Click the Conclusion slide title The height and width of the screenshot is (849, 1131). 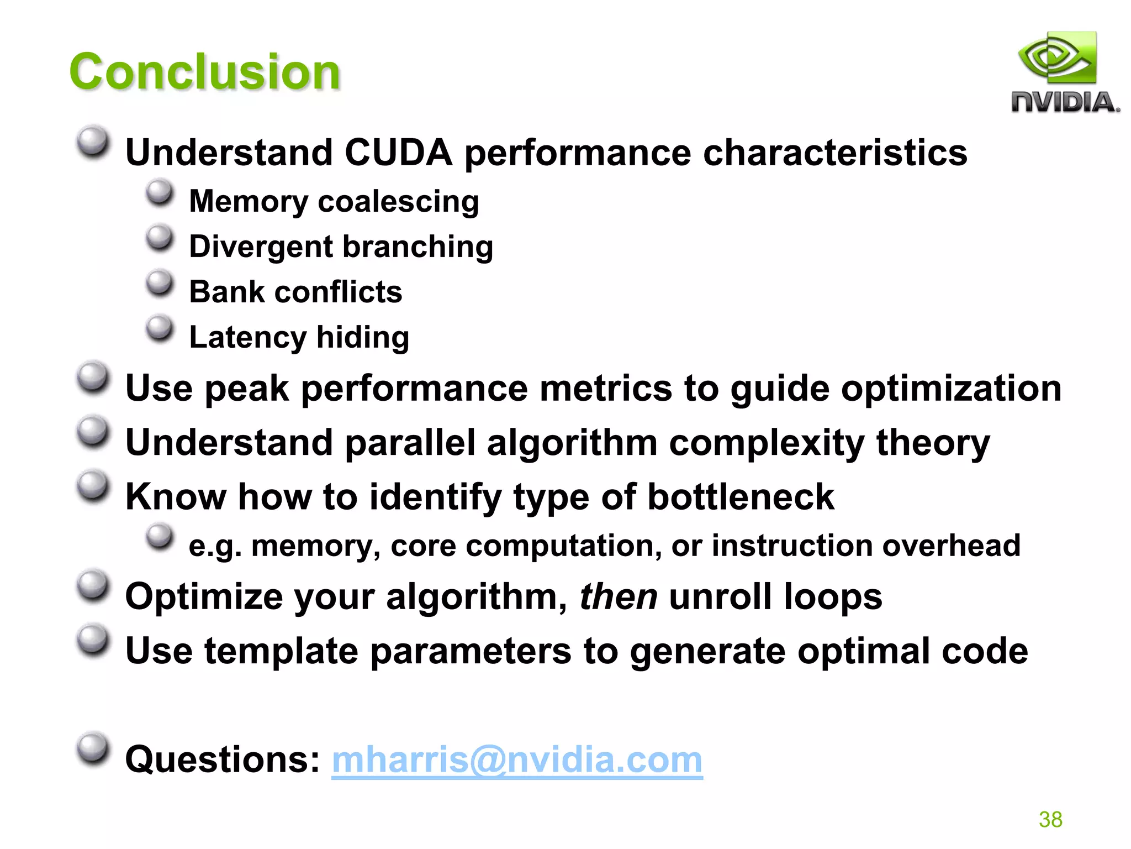[204, 72]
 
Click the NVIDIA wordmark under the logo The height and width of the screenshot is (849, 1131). [1065, 103]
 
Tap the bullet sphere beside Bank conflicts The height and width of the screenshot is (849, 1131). [160, 283]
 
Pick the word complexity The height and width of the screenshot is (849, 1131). [767, 443]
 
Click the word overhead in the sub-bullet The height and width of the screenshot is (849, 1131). [951, 546]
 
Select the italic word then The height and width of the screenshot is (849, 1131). [618, 597]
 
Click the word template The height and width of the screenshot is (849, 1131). [281, 652]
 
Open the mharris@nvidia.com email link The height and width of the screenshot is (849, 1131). [517, 760]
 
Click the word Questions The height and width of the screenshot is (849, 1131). [222, 760]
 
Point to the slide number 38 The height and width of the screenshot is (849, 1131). [1050, 819]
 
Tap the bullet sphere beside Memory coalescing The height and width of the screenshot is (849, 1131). [160, 192]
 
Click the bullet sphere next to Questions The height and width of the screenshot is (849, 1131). [93, 748]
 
